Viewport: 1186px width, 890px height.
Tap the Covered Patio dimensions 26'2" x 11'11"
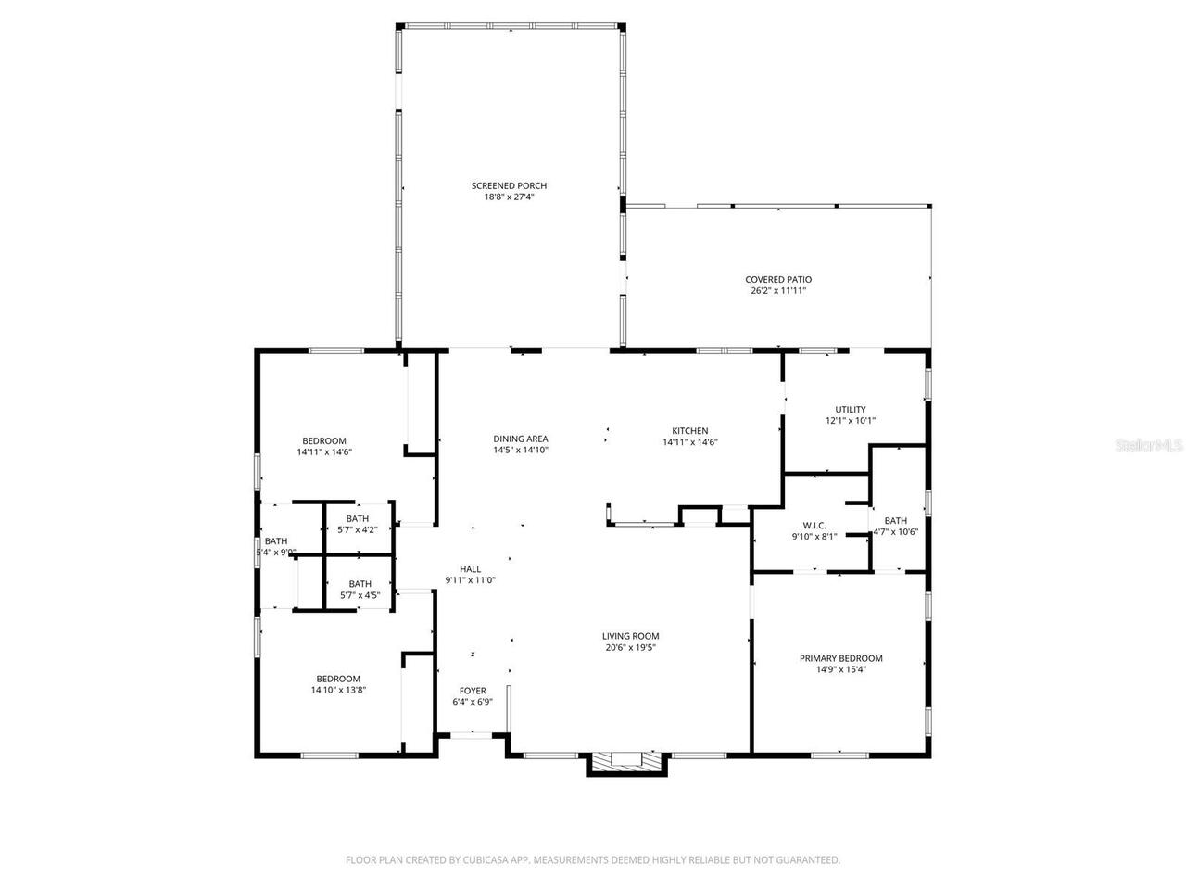[x=778, y=291]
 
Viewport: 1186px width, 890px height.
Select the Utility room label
[x=850, y=409]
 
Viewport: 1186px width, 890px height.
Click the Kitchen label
[x=689, y=430]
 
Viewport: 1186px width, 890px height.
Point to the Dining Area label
[x=520, y=439]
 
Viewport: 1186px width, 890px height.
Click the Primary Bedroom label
[x=840, y=658]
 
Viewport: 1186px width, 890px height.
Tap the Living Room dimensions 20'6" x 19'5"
[x=630, y=648]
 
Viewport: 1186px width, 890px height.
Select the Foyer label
[x=473, y=691]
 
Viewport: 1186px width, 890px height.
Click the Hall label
[x=471, y=569]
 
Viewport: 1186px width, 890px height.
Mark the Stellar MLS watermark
[x=1149, y=445]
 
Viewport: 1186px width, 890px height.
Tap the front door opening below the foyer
[x=471, y=734]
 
